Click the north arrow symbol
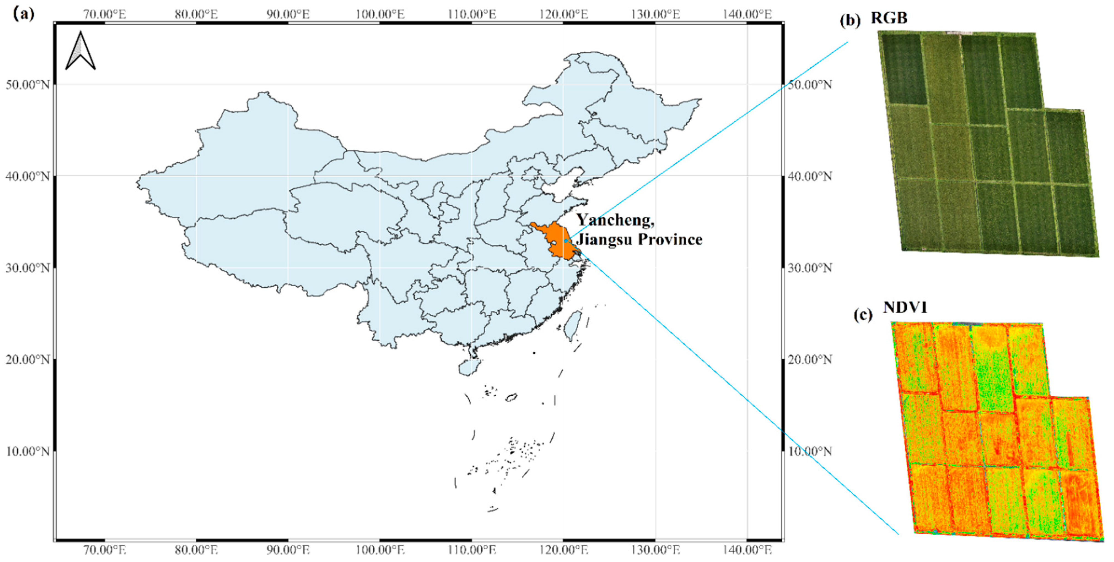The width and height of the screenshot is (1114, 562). [80, 52]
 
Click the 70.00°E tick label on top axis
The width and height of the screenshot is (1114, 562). [105, 14]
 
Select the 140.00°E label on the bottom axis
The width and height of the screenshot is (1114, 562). [747, 550]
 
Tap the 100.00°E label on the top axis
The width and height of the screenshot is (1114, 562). [380, 14]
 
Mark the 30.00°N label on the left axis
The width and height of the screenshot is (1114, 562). [28, 268]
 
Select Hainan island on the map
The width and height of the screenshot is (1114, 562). [468, 367]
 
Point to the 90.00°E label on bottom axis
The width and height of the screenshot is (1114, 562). [288, 550]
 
